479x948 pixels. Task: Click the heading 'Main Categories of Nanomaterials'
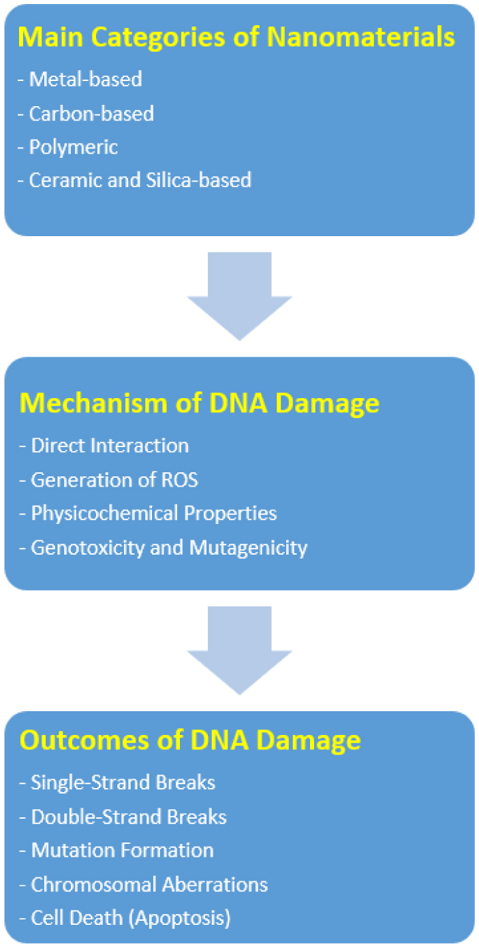point(236,37)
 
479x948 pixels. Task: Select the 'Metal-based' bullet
point(80,79)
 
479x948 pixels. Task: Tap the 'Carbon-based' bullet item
point(86,114)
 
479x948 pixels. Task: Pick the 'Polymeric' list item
point(68,147)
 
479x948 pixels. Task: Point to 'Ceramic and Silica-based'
point(135,180)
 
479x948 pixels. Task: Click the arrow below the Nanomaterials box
point(240,296)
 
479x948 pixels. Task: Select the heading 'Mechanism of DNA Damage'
point(200,403)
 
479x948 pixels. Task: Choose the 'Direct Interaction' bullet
point(104,446)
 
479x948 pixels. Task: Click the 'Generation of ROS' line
point(109,480)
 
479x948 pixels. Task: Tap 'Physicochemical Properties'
point(149,514)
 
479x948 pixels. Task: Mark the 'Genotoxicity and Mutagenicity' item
point(164,548)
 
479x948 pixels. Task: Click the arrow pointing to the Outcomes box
point(240,651)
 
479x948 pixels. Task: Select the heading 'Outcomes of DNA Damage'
point(190,740)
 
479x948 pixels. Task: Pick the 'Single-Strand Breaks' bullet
point(117,783)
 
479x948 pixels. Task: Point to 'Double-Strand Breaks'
point(123,817)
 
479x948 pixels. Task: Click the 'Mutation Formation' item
point(117,850)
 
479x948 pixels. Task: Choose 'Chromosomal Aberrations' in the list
point(144,885)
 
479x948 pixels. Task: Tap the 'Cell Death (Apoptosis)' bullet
point(125,918)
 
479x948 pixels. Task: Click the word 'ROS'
point(180,480)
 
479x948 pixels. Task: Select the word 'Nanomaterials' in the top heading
point(361,37)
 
